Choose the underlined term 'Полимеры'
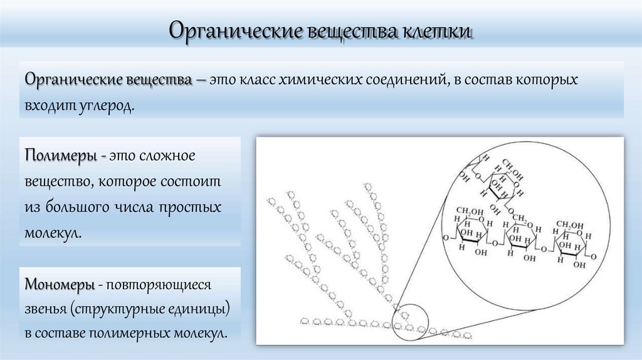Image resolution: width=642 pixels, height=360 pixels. pos(60,155)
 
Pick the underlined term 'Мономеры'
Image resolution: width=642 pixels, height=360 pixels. pos(60,284)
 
